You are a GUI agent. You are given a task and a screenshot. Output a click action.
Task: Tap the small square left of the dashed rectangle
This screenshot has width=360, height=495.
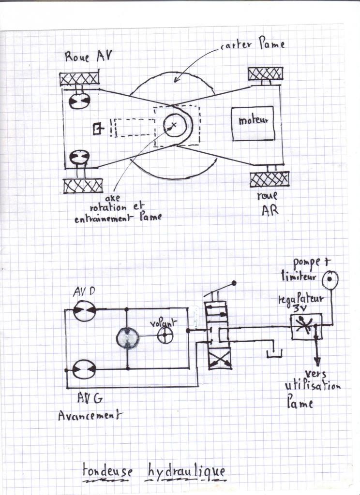[x=98, y=129]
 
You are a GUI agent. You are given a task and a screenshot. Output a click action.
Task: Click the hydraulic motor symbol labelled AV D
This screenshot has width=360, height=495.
[x=85, y=310]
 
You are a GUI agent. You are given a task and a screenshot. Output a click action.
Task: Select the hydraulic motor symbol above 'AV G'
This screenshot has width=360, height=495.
[x=84, y=369]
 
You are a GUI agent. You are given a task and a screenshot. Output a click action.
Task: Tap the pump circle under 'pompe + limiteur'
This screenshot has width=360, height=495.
[x=330, y=280]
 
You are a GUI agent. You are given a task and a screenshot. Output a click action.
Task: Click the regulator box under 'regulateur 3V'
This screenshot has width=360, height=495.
[x=306, y=326]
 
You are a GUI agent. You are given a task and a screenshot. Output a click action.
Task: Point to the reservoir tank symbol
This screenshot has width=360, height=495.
[x=274, y=352]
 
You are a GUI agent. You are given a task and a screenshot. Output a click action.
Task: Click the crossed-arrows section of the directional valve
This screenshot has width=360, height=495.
[x=220, y=360]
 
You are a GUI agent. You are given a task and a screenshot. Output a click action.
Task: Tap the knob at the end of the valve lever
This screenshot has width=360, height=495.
[x=234, y=282]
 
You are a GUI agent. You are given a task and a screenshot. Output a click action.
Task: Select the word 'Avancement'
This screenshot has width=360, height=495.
[x=90, y=415]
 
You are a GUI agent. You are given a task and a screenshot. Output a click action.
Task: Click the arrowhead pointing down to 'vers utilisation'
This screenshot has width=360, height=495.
[x=317, y=360]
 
